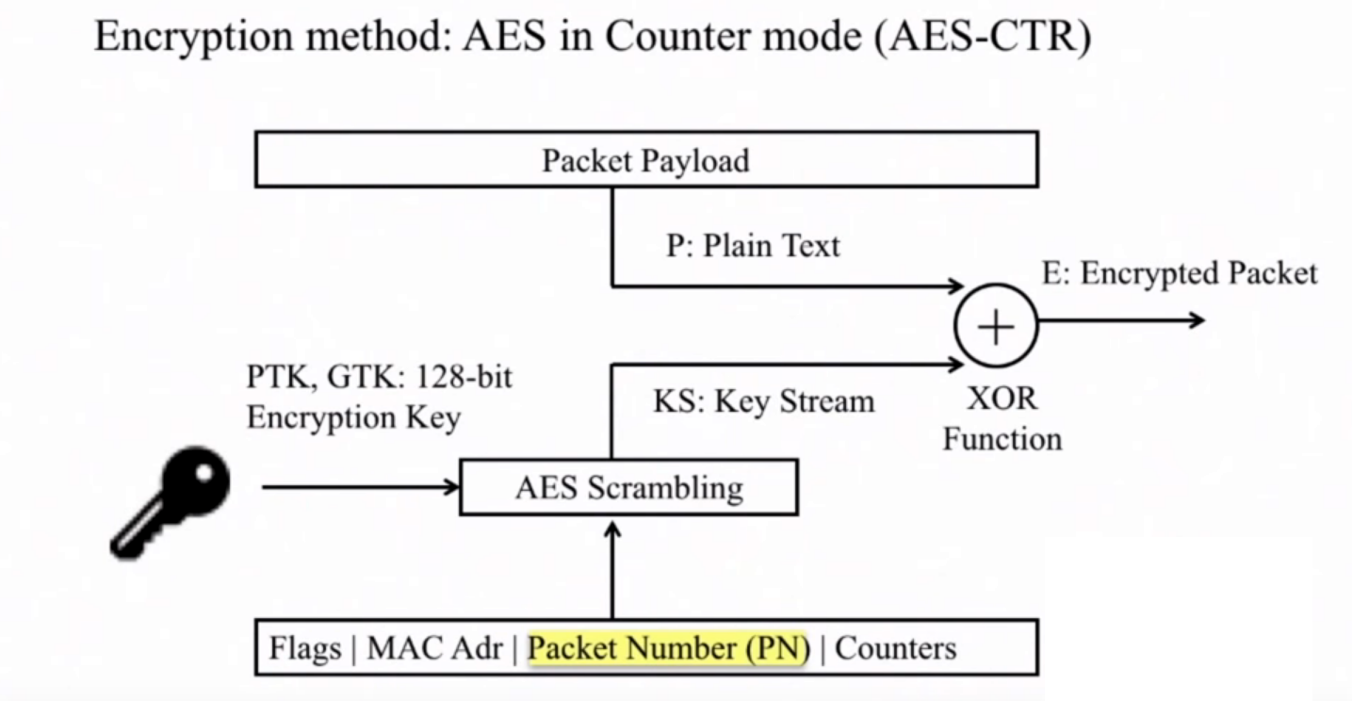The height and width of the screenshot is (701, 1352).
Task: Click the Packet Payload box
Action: coord(646,159)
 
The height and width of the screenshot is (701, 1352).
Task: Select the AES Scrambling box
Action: coord(628,487)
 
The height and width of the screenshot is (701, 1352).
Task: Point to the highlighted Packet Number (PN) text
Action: coord(669,648)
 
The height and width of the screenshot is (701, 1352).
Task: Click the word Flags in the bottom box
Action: coord(305,648)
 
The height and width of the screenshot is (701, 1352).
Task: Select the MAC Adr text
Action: coord(434,648)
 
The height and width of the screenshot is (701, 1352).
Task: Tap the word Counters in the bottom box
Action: coord(896,648)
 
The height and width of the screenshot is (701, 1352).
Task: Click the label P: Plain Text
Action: coord(752,246)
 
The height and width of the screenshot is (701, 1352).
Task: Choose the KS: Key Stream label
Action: coord(764,401)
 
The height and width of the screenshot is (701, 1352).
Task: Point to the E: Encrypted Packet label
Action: coord(1180,273)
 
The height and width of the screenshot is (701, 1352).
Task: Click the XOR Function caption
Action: coord(1002,418)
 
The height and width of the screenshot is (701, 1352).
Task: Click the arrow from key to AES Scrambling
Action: coord(358,487)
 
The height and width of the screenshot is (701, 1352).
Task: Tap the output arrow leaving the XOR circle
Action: coord(1121,320)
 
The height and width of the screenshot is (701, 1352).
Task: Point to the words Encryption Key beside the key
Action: coord(353,416)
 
